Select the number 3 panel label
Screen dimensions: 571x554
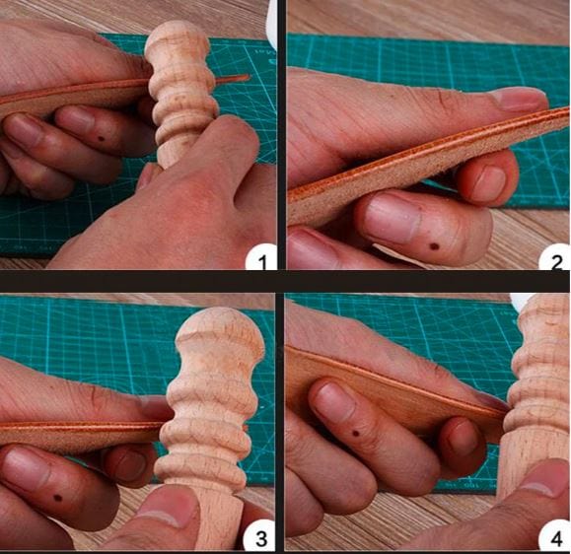point(260,538)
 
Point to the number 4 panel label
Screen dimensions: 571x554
point(556,538)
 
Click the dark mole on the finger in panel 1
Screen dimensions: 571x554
point(101,139)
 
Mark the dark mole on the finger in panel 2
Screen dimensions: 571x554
point(433,246)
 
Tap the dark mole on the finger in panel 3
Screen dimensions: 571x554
point(57,497)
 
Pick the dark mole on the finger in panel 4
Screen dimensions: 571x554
point(356,434)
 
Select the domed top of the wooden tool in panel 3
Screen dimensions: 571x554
point(219,327)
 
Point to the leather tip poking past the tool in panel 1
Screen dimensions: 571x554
point(232,78)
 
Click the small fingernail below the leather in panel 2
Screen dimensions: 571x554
point(489,181)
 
